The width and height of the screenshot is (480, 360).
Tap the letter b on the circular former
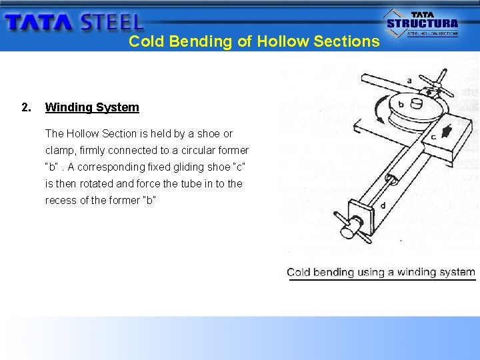pyautogui.click(x=401, y=105)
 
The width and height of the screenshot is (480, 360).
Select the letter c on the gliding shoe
pyautogui.click(x=433, y=137)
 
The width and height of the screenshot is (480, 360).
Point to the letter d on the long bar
pyautogui.click(x=382, y=205)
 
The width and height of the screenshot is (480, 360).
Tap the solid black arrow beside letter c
pyautogui.click(x=444, y=127)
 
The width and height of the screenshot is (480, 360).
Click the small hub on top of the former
pyautogui.click(x=417, y=103)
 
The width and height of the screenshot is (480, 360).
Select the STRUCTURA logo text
pyautogui.click(x=423, y=23)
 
